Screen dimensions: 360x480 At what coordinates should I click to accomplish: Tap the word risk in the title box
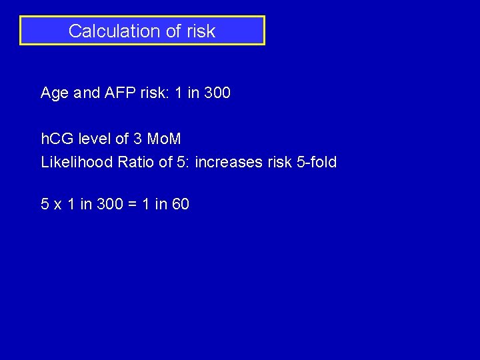[201, 31]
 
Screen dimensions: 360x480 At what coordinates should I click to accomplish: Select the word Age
[55, 93]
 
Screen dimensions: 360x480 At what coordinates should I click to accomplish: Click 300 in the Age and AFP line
[217, 93]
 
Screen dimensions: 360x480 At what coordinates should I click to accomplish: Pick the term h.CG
[58, 140]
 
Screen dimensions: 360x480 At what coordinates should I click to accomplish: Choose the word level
[95, 140]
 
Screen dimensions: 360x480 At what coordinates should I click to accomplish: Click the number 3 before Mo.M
[137, 140]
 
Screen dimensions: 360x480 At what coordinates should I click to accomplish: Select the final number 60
[181, 205]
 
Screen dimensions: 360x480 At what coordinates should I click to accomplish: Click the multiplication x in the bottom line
[58, 205]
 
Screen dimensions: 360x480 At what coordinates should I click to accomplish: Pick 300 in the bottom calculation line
[109, 205]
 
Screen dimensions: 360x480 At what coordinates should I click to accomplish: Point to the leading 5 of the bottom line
[45, 205]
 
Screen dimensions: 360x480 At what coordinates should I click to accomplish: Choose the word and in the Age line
[87, 93]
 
